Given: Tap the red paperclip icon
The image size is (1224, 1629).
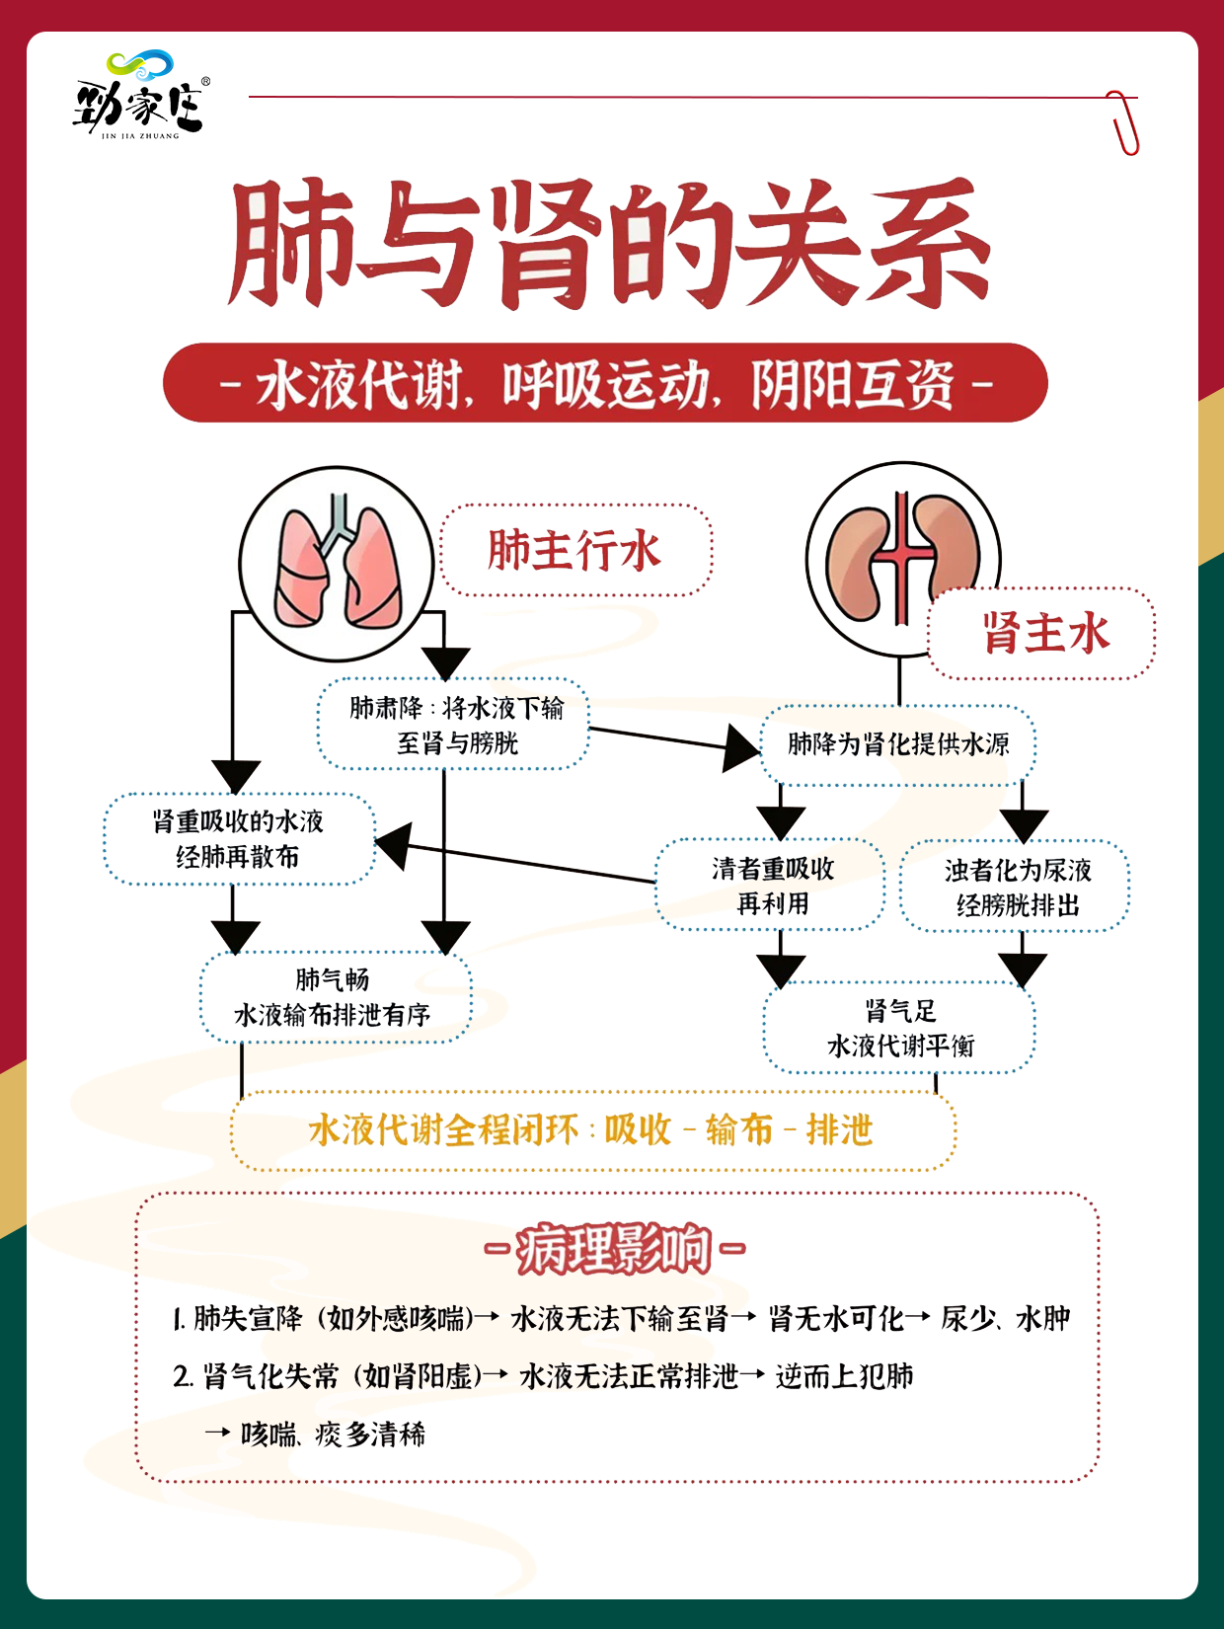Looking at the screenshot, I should coord(1123,121).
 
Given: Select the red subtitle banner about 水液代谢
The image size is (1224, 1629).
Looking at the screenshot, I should coord(604,383).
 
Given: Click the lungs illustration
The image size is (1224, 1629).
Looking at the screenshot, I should coord(338,564).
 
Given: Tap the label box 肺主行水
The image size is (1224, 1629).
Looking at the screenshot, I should coord(575,550).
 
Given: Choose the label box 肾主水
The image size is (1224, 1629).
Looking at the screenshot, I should coord(1042,633).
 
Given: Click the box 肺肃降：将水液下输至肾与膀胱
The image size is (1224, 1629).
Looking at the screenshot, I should coord(455,725).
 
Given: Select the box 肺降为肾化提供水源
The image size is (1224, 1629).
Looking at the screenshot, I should coord(897,744).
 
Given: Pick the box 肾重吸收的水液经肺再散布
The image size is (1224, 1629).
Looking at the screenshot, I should coord(239,839).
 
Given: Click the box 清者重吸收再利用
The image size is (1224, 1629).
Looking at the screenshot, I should coord(772,886).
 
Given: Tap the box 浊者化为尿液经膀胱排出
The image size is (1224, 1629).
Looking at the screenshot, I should coord(1016,887).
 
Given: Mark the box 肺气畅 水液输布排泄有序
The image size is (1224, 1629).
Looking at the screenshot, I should coord(335,997).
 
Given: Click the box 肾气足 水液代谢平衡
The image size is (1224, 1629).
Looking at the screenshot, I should coord(899,1028).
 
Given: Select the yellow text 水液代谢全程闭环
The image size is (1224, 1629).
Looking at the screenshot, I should coord(444,1130).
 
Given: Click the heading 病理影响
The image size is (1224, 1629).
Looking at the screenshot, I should coord(614,1249).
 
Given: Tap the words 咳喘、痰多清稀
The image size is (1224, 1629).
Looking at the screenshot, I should coord(333,1434).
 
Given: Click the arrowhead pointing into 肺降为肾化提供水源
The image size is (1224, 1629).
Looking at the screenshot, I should coord(742,746).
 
